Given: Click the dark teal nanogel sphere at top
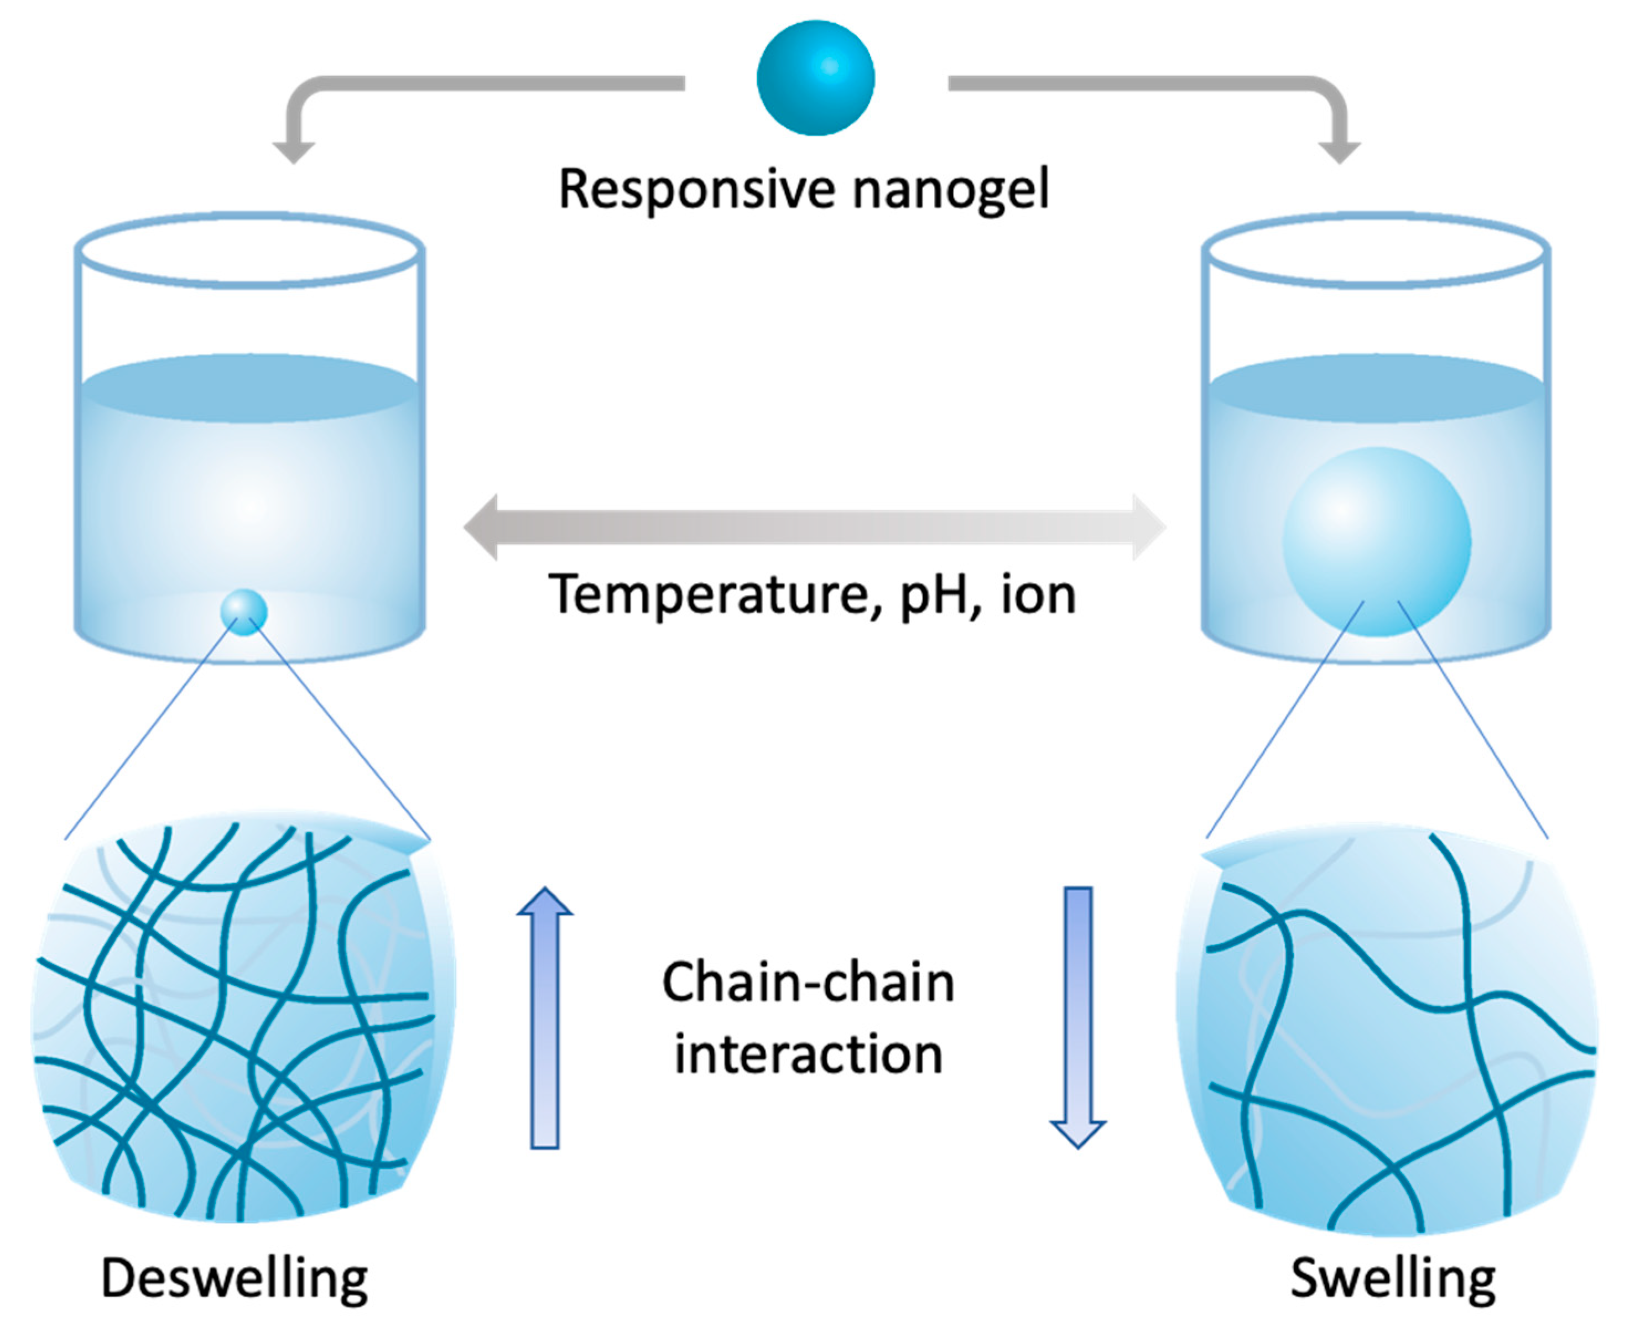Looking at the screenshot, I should (x=815, y=78).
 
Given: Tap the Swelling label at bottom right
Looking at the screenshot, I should (x=1393, y=1279).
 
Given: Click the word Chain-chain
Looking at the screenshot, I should (x=808, y=984).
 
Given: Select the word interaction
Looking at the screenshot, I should (x=808, y=1055).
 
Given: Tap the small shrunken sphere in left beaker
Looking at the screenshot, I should (x=243, y=612).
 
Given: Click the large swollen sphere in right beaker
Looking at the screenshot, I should (x=1377, y=541).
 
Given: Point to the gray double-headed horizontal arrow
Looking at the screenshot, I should (x=814, y=528).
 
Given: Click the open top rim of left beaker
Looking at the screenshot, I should (x=249, y=250).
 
